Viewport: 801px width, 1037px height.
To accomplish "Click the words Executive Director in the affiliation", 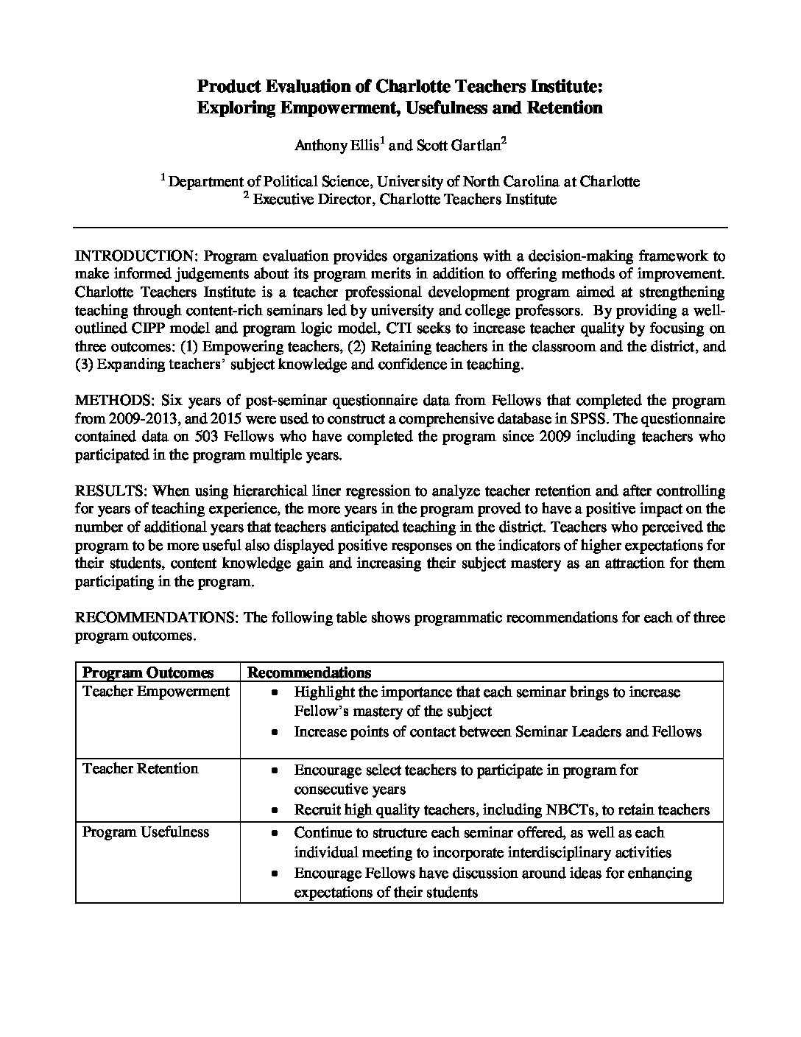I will point(313,199).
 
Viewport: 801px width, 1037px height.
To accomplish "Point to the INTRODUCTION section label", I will point(136,256).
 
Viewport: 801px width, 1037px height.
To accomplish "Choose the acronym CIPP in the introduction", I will point(126,328).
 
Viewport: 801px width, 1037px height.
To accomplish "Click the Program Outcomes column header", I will point(148,672).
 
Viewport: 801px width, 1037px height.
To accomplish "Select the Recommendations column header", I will point(308,672).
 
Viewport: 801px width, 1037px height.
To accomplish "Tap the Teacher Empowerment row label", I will point(156,692).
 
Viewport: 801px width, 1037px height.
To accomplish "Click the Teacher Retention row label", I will point(141,769).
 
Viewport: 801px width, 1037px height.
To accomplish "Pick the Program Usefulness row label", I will point(146,832).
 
